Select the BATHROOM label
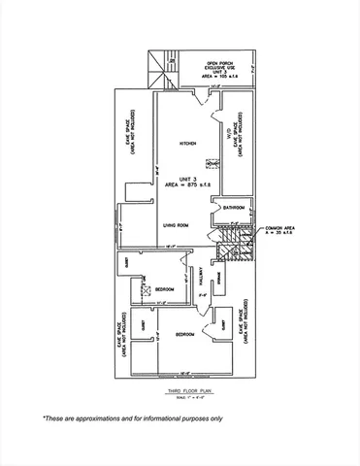pyautogui.click(x=233, y=207)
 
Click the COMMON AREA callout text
pyautogui.click(x=281, y=230)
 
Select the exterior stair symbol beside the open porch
pyautogui.click(x=155, y=70)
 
